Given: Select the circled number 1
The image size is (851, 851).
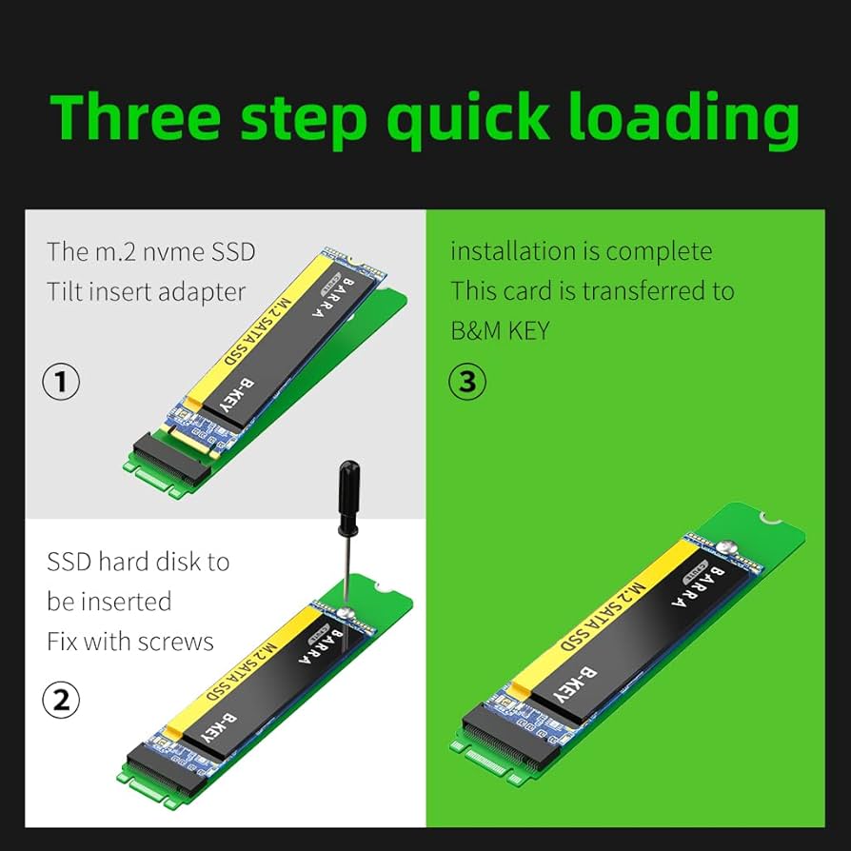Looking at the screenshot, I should click(x=62, y=383).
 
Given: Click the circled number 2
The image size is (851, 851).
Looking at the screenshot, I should click(x=62, y=702).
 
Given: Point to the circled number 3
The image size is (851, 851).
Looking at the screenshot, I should click(x=466, y=382).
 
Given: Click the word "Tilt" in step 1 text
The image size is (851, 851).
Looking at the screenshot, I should click(x=65, y=291).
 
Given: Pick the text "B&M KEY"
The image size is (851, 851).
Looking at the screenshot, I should click(x=500, y=330).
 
